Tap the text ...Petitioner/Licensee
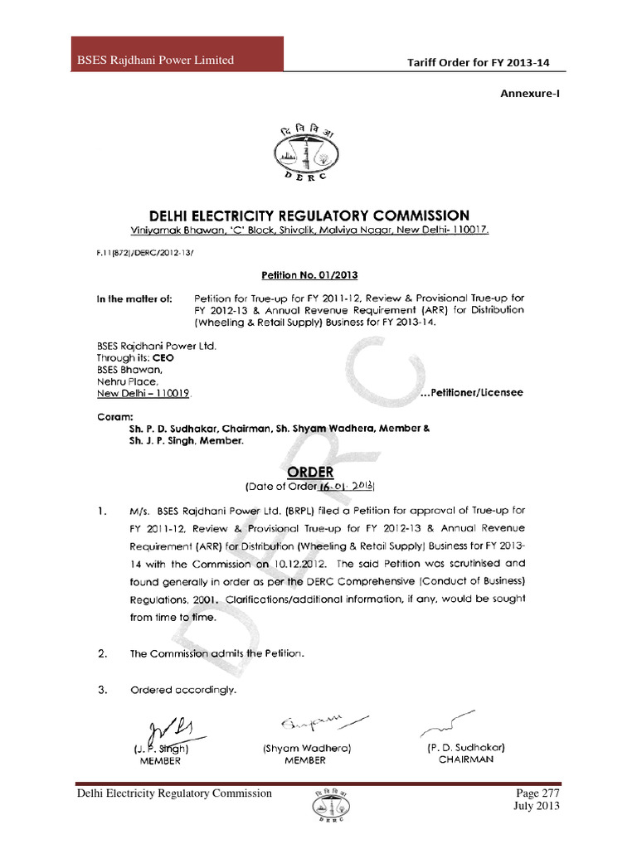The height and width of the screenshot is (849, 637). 472,392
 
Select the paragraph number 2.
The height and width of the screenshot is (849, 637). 102,653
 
